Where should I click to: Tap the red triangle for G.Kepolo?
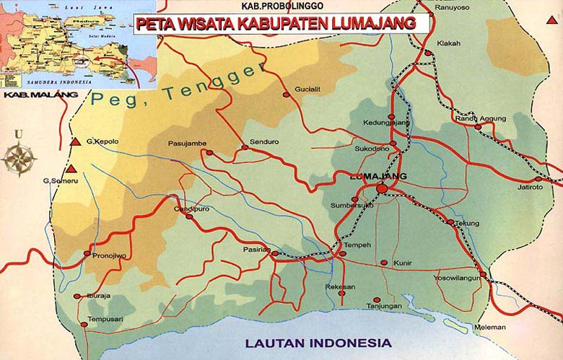pyautogui.click(x=75, y=141)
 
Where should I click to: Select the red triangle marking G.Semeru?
pyautogui.click(x=71, y=170)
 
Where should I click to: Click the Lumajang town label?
pyautogui.click(x=377, y=176)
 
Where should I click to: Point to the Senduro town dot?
pyautogui.click(x=245, y=147)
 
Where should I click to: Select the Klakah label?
pyautogui.click(x=448, y=43)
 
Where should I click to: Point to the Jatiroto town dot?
pyautogui.click(x=538, y=179)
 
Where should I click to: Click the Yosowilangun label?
pyautogui.click(x=458, y=277)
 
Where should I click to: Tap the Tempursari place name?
pyautogui.click(x=105, y=318)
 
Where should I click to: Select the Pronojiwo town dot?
pyautogui.click(x=87, y=253)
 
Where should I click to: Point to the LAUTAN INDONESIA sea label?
pyautogui.click(x=318, y=342)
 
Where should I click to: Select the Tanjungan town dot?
pyautogui.click(x=376, y=300)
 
